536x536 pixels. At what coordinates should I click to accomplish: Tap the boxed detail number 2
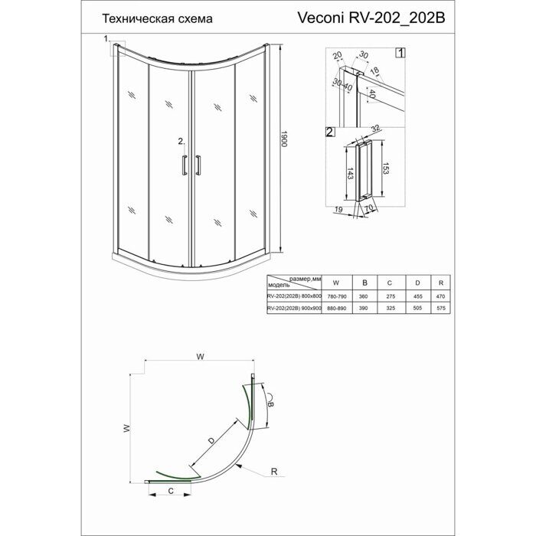pos(329,132)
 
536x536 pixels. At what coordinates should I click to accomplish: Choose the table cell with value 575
pos(440,308)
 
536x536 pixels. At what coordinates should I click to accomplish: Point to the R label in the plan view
pos(273,473)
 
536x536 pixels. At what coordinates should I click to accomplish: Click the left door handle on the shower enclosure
pos(184,166)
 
